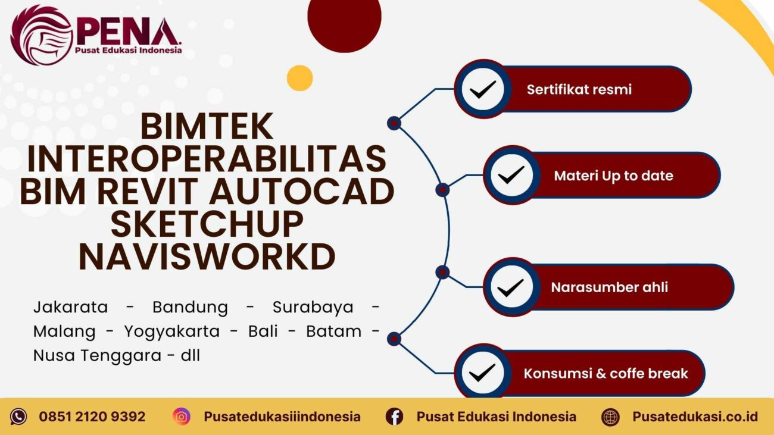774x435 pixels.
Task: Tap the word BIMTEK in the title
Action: pos(207,126)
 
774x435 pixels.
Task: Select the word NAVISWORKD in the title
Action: pos(207,258)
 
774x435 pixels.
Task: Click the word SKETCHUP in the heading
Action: pos(207,225)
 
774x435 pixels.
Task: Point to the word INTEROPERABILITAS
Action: pos(207,159)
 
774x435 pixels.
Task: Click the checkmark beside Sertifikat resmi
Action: pos(482,90)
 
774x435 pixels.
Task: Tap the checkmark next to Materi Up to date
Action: pos(511,176)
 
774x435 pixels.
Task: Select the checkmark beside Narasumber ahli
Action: pos(510,287)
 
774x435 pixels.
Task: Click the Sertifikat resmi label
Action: pos(579,90)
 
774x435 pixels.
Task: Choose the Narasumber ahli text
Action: pos(609,287)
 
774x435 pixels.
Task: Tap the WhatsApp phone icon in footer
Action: pos(18,417)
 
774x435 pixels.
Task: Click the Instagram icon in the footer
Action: pos(182,417)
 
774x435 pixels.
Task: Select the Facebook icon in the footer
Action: pos(394,417)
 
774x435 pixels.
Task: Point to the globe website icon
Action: pos(610,417)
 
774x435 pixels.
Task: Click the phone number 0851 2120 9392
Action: pos(92,417)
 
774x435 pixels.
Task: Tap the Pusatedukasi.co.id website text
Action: pos(694,417)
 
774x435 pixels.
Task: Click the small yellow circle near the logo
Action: pos(299,78)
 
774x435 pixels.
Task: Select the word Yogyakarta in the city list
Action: pos(171,331)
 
